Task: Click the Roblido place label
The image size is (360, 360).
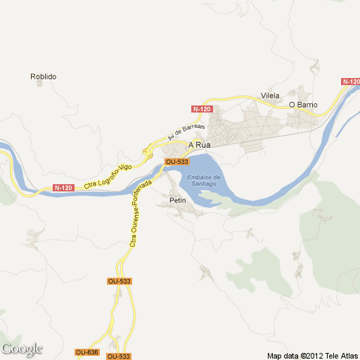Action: click(x=43, y=77)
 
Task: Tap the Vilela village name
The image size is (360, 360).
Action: click(x=270, y=96)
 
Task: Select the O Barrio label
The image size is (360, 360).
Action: click(x=304, y=105)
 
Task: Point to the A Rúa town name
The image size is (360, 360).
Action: click(x=199, y=145)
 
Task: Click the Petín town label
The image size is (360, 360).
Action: click(x=178, y=201)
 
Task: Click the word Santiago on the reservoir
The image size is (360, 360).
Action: click(x=204, y=184)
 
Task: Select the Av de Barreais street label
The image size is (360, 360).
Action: click(x=186, y=131)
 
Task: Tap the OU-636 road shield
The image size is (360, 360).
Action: click(x=86, y=352)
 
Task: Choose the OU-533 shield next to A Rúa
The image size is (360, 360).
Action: click(x=176, y=162)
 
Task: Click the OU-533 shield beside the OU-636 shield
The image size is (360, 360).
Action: click(x=119, y=356)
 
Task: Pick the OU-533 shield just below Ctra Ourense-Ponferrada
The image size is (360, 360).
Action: click(x=120, y=281)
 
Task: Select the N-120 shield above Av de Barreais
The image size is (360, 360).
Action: click(x=202, y=109)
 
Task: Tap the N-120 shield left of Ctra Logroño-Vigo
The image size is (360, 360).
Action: click(x=63, y=188)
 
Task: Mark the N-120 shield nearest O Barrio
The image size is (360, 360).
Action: click(x=351, y=82)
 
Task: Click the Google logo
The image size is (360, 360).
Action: click(x=22, y=349)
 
